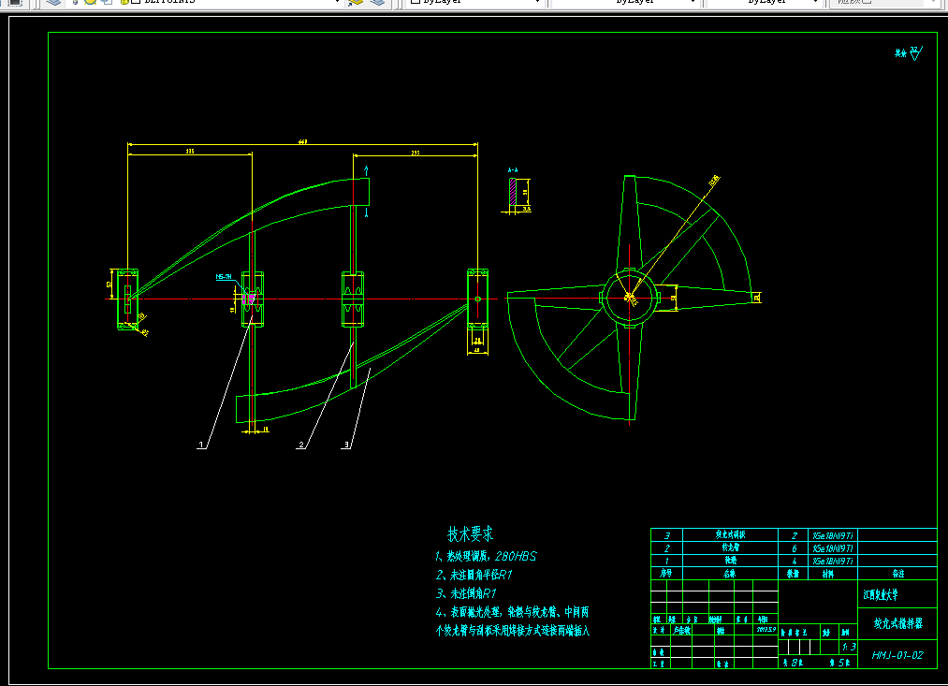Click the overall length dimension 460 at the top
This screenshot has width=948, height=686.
(302, 142)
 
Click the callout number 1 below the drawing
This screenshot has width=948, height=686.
(200, 446)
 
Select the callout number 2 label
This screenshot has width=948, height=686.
(300, 445)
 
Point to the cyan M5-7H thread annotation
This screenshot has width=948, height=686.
(224, 277)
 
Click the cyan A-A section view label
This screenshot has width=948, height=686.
(513, 170)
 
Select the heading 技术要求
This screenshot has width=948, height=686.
(470, 534)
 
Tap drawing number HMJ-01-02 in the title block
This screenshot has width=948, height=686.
(897, 655)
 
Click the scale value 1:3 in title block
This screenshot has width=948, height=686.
(849, 646)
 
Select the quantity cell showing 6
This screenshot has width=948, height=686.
(793, 547)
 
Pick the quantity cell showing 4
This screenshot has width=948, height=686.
(793, 560)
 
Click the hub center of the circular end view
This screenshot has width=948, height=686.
(630, 298)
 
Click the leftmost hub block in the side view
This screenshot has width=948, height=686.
(126, 299)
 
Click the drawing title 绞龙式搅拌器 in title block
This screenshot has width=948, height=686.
(896, 621)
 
